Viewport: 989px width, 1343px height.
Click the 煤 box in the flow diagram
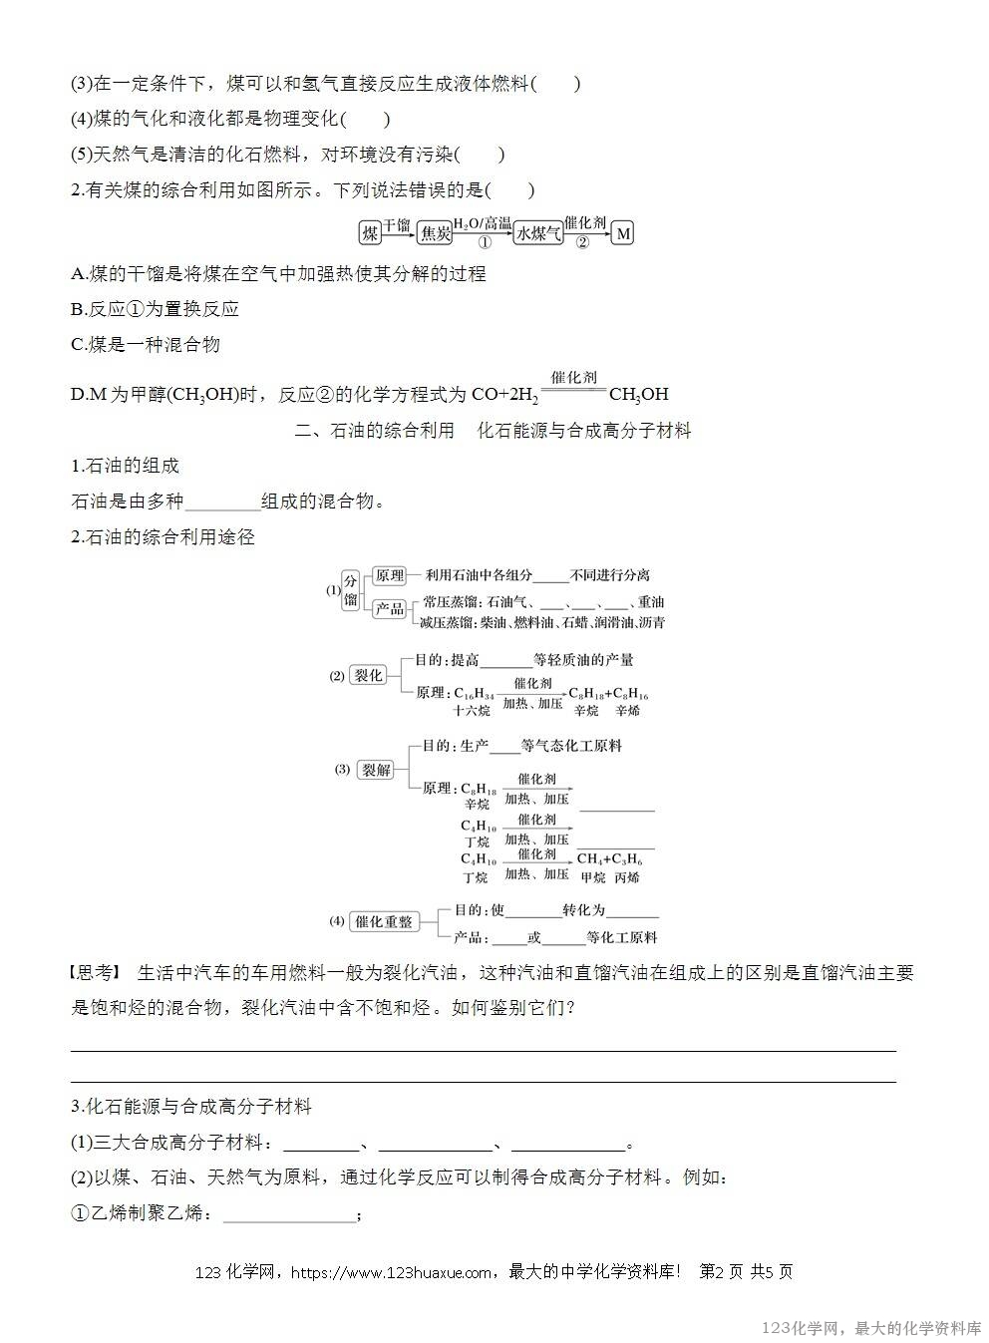pos(370,233)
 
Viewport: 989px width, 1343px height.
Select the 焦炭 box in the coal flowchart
pos(435,233)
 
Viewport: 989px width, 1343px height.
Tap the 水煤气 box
pos(538,233)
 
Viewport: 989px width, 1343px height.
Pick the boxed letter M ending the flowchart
pos(623,233)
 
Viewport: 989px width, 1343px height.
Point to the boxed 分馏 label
pos(350,589)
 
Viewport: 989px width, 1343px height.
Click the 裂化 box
pos(368,675)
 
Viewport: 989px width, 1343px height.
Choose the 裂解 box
pos(376,770)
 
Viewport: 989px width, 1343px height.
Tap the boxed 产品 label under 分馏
pos(389,608)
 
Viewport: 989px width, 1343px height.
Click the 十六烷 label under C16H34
pos(471,711)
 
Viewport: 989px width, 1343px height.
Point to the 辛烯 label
pos(628,711)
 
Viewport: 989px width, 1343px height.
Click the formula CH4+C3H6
pos(610,859)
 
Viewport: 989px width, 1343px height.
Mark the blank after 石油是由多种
pos(222,502)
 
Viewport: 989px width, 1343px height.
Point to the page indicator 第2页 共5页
pos(747,1272)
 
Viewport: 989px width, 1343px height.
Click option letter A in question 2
pos(78,273)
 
